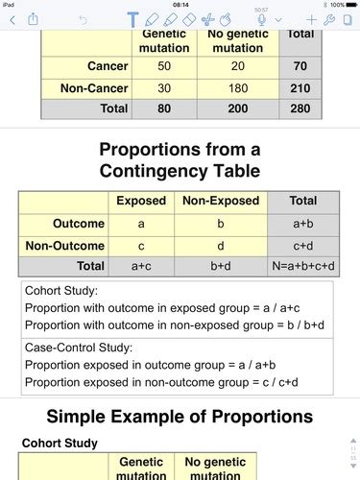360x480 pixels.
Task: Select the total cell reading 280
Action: click(300, 108)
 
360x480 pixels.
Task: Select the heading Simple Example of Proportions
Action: click(180, 417)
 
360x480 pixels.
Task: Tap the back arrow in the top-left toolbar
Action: click(11, 19)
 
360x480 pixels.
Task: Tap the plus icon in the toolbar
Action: click(312, 19)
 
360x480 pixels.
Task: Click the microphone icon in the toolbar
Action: click(277, 19)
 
